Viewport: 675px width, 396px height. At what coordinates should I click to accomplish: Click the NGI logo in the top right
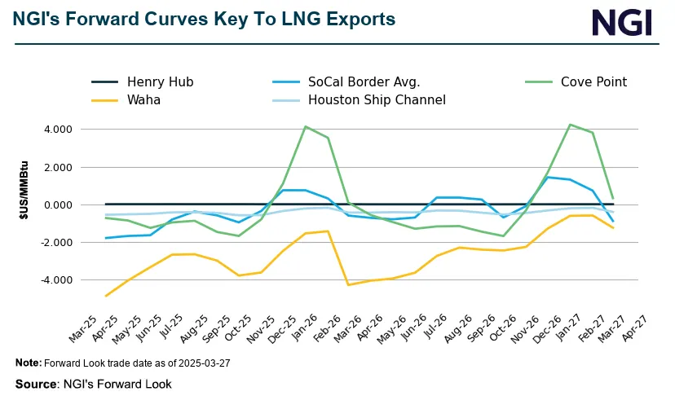coord(621,22)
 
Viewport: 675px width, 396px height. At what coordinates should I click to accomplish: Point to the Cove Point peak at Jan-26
coord(305,126)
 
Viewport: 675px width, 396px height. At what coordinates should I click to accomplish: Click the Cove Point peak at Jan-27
coord(570,125)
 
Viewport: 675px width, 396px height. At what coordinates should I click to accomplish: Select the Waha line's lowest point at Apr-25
coord(107,296)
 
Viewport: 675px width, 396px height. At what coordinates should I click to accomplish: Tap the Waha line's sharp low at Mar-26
coord(349,284)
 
